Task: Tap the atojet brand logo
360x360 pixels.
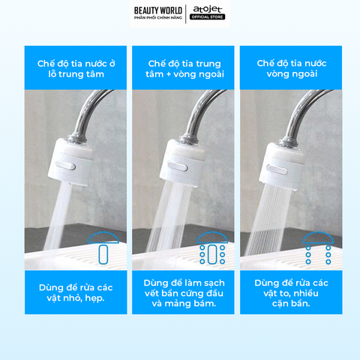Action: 207,10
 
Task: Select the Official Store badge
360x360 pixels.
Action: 207,17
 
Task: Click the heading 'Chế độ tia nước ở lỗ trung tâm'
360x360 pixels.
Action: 76,69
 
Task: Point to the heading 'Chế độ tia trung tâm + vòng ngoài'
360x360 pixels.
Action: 184,69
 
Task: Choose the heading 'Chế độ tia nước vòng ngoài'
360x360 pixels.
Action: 292,68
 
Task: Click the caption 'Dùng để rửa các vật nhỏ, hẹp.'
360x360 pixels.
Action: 76,292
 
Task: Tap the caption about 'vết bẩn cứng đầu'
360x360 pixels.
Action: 184,293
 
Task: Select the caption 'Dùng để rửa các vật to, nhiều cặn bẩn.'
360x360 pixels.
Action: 291,293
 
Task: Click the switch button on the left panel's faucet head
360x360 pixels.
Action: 65,166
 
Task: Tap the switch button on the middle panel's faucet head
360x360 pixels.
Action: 178,166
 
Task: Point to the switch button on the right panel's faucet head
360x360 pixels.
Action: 277,169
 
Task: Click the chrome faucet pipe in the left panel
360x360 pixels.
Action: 85,112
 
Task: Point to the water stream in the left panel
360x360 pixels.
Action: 59,216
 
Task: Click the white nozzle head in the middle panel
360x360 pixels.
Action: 182,163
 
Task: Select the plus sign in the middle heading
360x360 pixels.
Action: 169,74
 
